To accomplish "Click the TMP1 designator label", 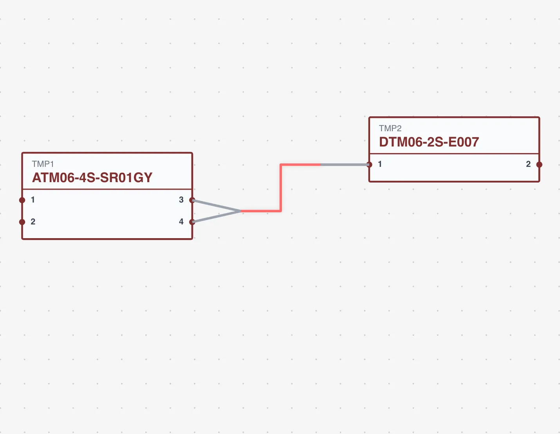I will (43, 164).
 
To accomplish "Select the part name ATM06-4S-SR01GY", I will (92, 178).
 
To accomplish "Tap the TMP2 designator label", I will (390, 128).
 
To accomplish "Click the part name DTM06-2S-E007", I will (429, 142).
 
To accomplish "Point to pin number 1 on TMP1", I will (33, 200).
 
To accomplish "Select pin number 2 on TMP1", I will (33, 222).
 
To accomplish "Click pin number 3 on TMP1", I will (181, 200).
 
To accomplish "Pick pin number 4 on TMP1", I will (181, 222).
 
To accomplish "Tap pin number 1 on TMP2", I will (380, 164).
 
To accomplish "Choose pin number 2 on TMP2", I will (528, 164).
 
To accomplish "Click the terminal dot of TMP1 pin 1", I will (22, 200).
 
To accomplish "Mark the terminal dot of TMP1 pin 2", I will (22, 222).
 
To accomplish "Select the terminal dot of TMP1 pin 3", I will (192, 200).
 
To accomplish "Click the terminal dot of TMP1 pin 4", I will (192, 222).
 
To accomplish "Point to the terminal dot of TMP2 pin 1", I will (369, 165).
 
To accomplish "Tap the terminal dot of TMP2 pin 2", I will (539, 165).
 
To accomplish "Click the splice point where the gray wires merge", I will (241, 211).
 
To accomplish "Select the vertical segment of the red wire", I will (281, 188).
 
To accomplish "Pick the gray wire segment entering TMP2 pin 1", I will (345, 165).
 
